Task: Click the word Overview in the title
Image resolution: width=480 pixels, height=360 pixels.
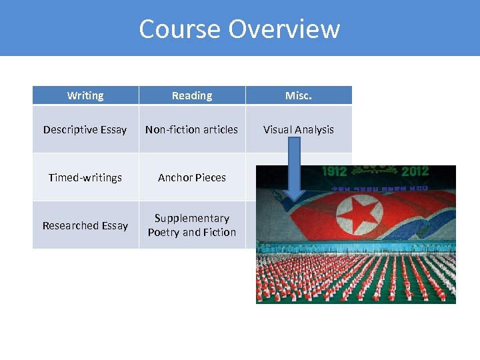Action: pos(284,29)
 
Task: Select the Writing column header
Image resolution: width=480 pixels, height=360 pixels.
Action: pos(85,95)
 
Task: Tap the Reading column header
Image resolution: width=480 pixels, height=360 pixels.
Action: pos(192,95)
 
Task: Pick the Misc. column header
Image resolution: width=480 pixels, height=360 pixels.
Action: pos(299,95)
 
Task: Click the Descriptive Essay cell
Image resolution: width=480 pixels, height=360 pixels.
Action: pos(85,129)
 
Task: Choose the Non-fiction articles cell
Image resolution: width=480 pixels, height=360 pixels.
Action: pos(192,129)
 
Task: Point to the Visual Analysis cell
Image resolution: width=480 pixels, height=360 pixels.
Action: pos(299,129)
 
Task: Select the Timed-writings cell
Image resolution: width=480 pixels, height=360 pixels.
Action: pos(85,177)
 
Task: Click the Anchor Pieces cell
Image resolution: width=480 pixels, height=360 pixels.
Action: pos(192,177)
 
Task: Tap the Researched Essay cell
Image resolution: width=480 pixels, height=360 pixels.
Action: pos(85,225)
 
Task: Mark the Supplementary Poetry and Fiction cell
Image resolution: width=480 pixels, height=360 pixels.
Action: pos(192,225)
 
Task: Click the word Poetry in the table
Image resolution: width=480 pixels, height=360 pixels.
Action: pos(164,232)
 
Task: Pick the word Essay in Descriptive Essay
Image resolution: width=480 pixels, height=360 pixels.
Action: pos(113,129)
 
